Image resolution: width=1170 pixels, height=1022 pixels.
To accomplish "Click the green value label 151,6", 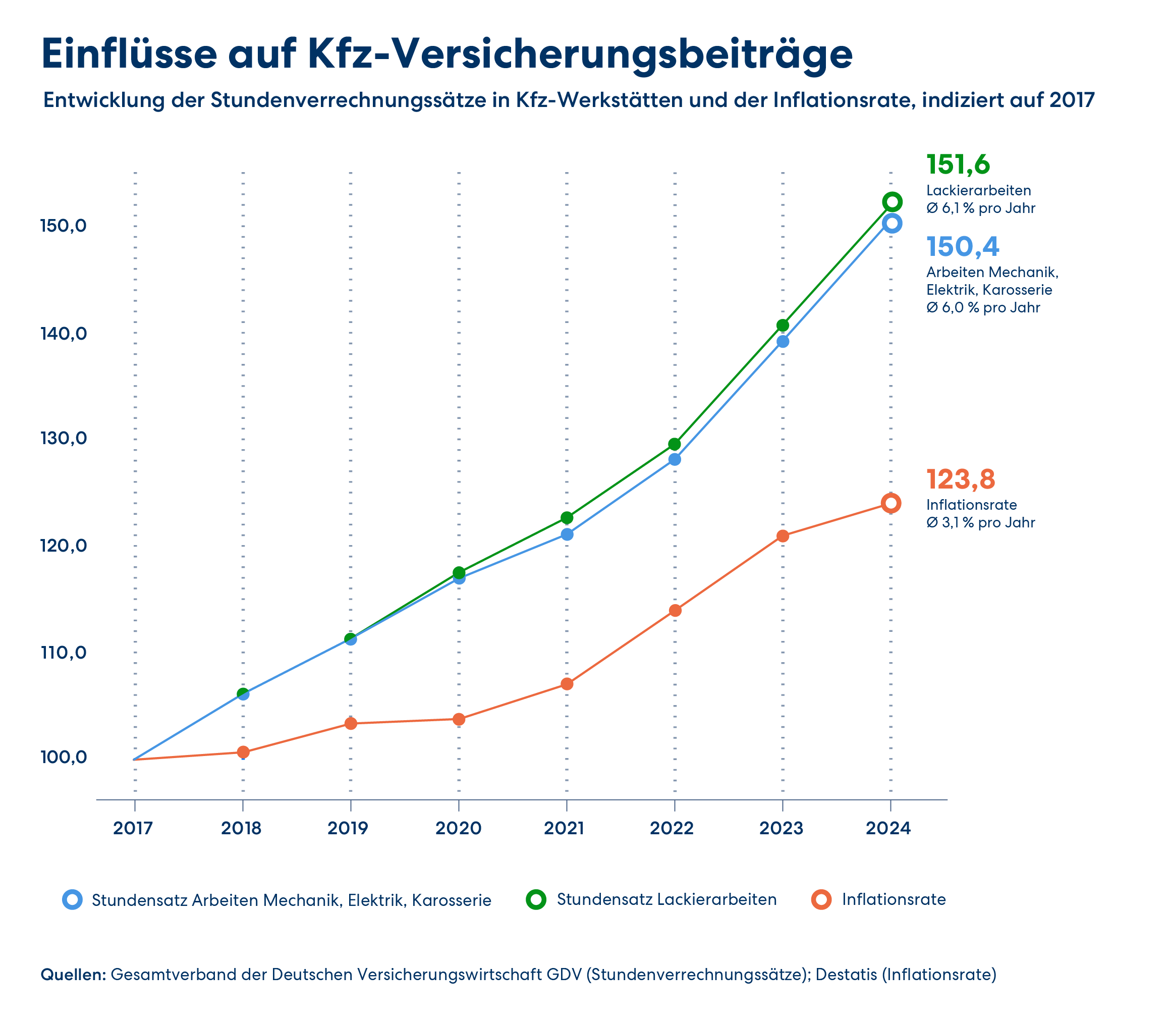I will tap(958, 165).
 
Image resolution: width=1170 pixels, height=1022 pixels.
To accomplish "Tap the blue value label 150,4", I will tap(963, 247).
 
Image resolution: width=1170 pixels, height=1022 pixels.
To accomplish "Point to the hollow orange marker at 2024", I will tap(891, 503).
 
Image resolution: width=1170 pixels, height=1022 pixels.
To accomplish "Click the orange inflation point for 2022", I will tap(675, 610).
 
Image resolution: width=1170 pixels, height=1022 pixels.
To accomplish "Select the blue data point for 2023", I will tap(783, 342).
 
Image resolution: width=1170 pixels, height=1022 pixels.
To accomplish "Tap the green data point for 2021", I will tap(567, 518).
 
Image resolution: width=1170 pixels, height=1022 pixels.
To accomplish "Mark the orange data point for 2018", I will tap(243, 752).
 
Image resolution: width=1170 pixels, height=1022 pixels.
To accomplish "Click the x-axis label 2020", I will tap(459, 828).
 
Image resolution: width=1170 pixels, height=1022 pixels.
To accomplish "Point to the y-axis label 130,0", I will tap(63, 439).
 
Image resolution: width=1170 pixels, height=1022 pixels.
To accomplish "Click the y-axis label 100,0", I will tap(63, 758).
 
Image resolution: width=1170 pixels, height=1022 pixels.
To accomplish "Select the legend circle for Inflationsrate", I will tap(821, 899).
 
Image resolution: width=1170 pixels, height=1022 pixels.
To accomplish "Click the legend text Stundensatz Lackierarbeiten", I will tap(666, 899).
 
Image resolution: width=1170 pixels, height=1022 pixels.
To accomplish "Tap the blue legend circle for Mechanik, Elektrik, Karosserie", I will tap(73, 900).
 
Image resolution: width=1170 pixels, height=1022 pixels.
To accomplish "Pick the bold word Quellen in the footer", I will tap(74, 974).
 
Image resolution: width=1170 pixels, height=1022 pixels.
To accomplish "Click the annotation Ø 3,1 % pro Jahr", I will tap(981, 522).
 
